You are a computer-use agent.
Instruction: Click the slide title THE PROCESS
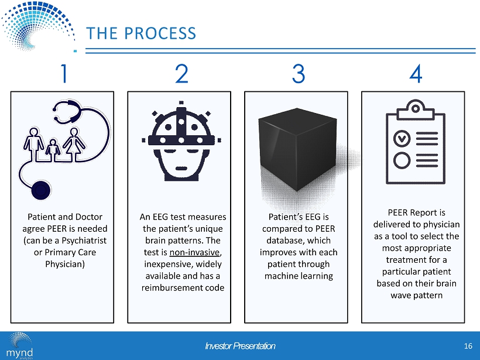point(141,33)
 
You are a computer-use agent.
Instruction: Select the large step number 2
point(181,75)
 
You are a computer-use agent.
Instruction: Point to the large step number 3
point(298,75)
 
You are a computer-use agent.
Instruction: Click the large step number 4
point(416,75)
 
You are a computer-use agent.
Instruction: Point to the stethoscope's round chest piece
point(40,190)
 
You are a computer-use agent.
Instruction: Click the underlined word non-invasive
point(196,252)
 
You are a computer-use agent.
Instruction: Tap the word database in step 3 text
point(299,240)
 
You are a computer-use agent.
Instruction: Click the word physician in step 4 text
point(442,224)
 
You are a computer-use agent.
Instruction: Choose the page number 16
point(467,346)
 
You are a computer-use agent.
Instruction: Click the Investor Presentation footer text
point(240,346)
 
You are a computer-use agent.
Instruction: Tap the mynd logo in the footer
point(20,346)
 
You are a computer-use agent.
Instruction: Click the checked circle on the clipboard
point(402,138)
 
